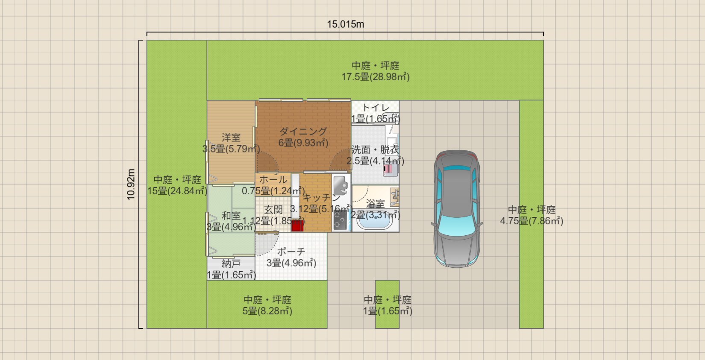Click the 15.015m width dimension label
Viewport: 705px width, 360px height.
(345, 24)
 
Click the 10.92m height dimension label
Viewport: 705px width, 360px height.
(131, 184)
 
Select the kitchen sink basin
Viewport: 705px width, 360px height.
(340, 184)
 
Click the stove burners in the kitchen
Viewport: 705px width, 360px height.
(341, 220)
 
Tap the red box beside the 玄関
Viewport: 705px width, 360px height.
(297, 225)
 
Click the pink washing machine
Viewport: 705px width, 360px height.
(390, 169)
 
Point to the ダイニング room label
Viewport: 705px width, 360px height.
(303, 132)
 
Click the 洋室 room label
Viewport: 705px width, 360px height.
(231, 138)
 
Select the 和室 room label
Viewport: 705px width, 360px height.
(231, 216)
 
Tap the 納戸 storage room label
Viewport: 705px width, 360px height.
(231, 264)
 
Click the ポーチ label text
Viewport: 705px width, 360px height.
(291, 252)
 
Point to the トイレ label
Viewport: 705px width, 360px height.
(376, 108)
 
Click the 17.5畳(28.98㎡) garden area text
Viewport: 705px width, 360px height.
(375, 77)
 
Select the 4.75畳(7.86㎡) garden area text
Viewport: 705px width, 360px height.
(531, 221)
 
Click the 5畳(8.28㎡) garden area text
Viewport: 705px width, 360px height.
(267, 311)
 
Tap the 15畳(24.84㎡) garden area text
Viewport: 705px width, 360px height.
(177, 191)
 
